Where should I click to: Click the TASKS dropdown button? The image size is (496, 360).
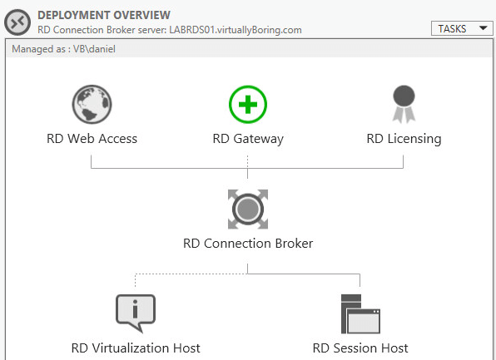pyautogui.click(x=462, y=29)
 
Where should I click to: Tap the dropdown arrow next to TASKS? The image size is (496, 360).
pyautogui.click(x=483, y=28)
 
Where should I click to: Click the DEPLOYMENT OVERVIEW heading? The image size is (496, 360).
pyautogui.click(x=104, y=15)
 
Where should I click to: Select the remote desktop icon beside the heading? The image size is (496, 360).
pyautogui.click(x=17, y=22)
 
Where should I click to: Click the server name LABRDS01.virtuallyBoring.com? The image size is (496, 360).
pyautogui.click(x=236, y=30)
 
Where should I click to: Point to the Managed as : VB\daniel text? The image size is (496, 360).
pyautogui.click(x=63, y=49)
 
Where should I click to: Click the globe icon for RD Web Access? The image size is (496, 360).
pyautogui.click(x=92, y=104)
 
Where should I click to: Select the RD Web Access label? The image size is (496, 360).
pyautogui.click(x=92, y=139)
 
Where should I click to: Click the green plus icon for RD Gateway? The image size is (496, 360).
pyautogui.click(x=248, y=104)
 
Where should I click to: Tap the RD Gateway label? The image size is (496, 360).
pyautogui.click(x=248, y=139)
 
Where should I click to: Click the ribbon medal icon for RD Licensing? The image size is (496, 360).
pyautogui.click(x=404, y=104)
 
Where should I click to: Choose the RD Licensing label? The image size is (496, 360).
pyautogui.click(x=404, y=139)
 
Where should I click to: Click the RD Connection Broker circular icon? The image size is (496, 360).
pyautogui.click(x=248, y=210)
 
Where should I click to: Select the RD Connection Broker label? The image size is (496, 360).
pyautogui.click(x=248, y=244)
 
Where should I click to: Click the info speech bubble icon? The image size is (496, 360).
pyautogui.click(x=136, y=313)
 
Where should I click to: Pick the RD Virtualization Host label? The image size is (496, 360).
pyautogui.click(x=136, y=348)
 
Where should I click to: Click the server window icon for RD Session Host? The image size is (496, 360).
pyautogui.click(x=360, y=313)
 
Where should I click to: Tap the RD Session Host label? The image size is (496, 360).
pyautogui.click(x=360, y=348)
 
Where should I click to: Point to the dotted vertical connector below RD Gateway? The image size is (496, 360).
pyautogui.click(x=248, y=161)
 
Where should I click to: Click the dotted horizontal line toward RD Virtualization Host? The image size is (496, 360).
pyautogui.click(x=191, y=274)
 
